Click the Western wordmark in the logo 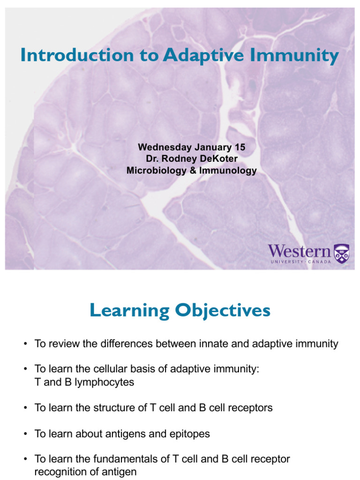pyautogui.click(x=299, y=251)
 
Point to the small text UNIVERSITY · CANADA pyautogui.click(x=300, y=262)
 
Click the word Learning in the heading pyautogui.click(x=128, y=310)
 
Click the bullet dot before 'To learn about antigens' pyautogui.click(x=25, y=434)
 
